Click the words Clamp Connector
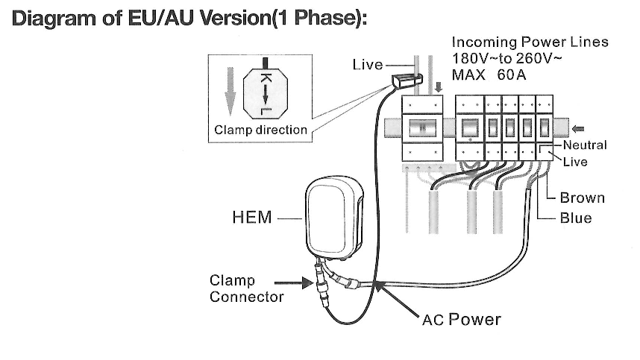pyautogui.click(x=236, y=289)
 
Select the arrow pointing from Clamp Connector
pyautogui.click(x=292, y=282)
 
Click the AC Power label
pyautogui.click(x=461, y=320)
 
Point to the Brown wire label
pyautogui.click(x=582, y=198)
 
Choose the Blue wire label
pyautogui.click(x=576, y=218)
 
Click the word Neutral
pyautogui.click(x=585, y=145)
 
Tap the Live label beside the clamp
pyautogui.click(x=367, y=65)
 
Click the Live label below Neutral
pyautogui.click(x=575, y=161)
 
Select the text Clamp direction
pyautogui.click(x=260, y=130)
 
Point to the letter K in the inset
pyautogui.click(x=265, y=78)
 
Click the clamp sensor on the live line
pyautogui.click(x=404, y=77)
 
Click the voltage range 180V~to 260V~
pyautogui.click(x=507, y=58)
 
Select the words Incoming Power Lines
pyautogui.click(x=530, y=42)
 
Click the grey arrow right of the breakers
pyautogui.click(x=577, y=126)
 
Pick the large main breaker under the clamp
pyautogui.click(x=423, y=127)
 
